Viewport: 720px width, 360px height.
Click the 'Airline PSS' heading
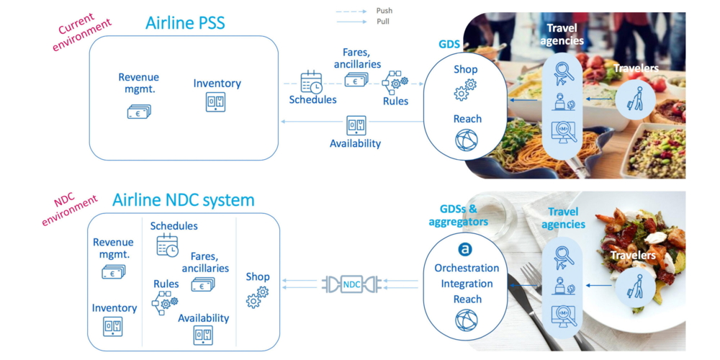[185, 22]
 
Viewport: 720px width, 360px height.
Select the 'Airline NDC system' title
[183, 199]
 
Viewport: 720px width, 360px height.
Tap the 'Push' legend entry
[384, 11]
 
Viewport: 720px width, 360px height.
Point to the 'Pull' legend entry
[383, 22]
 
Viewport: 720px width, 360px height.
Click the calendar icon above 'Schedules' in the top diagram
[311, 81]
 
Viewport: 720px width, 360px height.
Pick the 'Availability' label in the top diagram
[355, 143]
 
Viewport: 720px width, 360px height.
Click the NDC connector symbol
[351, 284]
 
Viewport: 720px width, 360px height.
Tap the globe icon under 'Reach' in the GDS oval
[466, 140]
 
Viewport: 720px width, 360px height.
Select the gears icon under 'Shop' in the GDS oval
[466, 89]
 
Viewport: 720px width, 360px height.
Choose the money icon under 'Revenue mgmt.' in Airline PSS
[139, 111]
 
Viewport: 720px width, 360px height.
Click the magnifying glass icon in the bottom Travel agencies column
[563, 256]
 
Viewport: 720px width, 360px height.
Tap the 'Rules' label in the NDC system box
[166, 284]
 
